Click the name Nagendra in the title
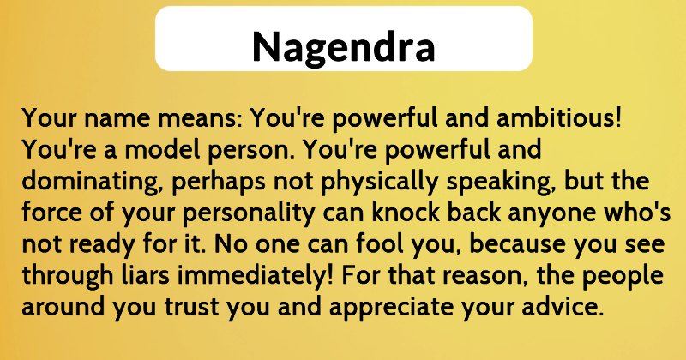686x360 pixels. [x=344, y=47]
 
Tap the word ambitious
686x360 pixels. [x=559, y=117]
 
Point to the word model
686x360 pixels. [x=162, y=149]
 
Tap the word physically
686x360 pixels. [x=379, y=183]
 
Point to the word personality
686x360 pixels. [x=249, y=214]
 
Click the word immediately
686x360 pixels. [x=255, y=277]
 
